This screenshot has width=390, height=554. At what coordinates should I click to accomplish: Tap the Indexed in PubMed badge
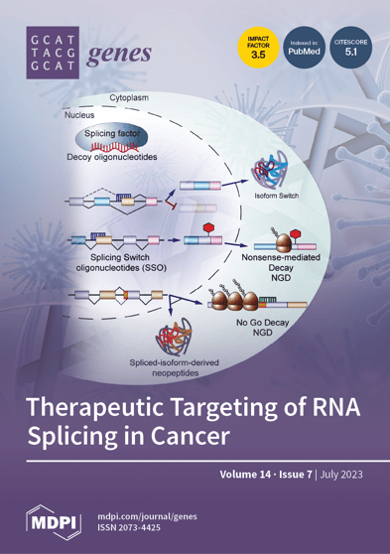[303, 49]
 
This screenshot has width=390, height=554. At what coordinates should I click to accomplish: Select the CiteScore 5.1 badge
[352, 49]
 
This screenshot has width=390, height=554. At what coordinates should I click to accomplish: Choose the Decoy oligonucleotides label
[112, 158]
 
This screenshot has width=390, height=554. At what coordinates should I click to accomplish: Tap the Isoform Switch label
[279, 197]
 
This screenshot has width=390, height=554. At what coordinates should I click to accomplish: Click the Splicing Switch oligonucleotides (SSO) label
[119, 264]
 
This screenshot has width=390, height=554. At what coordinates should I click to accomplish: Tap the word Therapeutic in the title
[109, 407]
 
